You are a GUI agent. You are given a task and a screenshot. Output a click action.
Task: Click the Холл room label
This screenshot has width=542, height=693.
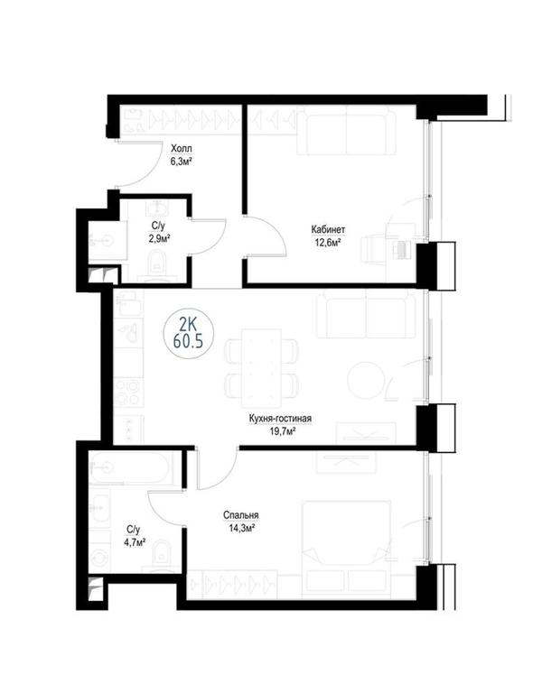coord(182,149)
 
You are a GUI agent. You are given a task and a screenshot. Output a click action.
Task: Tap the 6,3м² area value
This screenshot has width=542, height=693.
coord(182,161)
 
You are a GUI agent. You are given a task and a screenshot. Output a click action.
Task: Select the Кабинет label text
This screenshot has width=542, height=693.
coord(328,230)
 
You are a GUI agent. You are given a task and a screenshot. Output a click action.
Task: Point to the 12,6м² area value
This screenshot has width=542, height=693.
coord(328,242)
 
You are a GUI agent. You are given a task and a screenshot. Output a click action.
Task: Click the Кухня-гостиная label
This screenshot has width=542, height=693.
coord(281,419)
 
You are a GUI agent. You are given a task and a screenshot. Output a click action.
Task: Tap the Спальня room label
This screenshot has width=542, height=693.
coord(241,515)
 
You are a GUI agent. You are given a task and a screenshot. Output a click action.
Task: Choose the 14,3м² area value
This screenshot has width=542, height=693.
coord(241,528)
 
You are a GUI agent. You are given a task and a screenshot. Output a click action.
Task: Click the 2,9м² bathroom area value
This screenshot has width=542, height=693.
coord(161,238)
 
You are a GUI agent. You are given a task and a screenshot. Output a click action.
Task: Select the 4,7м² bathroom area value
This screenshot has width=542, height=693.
coord(135,541)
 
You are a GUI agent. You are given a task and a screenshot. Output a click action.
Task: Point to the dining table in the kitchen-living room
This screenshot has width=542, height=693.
coord(261,368)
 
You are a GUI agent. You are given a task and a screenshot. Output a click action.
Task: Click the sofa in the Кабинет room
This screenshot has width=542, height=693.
coord(347,131)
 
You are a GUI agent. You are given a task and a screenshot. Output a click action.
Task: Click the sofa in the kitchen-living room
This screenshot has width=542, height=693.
coord(366,314)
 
